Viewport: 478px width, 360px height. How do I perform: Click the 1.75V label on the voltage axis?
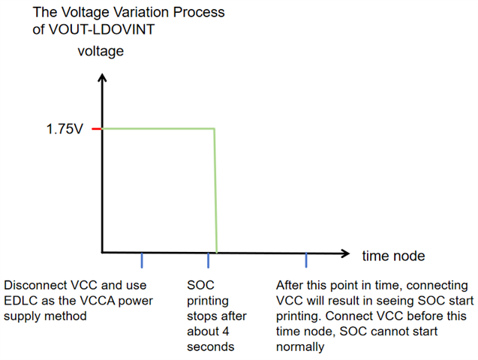point(65,129)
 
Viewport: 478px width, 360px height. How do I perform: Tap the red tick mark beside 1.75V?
point(96,129)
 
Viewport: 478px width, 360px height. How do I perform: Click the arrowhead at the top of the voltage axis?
point(102,78)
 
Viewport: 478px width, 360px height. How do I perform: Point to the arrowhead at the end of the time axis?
point(344,253)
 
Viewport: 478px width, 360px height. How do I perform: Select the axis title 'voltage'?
point(101,51)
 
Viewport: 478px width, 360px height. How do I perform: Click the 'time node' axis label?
point(393,256)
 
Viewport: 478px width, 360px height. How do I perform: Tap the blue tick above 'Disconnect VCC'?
point(142,260)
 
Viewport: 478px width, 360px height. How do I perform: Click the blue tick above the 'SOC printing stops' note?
point(208,260)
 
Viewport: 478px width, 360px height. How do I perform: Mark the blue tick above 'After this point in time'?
point(306,260)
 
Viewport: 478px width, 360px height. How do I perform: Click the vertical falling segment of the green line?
point(215,190)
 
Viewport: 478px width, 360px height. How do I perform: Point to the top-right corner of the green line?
point(215,128)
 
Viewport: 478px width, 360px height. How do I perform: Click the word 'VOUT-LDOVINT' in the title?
point(102,29)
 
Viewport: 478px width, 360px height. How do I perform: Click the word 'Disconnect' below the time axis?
point(35,286)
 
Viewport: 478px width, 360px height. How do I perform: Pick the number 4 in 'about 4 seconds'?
point(225,331)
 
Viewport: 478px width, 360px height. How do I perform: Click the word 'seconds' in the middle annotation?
point(210,347)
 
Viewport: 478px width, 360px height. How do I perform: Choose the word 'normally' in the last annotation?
point(300,347)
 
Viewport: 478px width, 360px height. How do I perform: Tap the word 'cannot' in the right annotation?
point(419,331)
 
